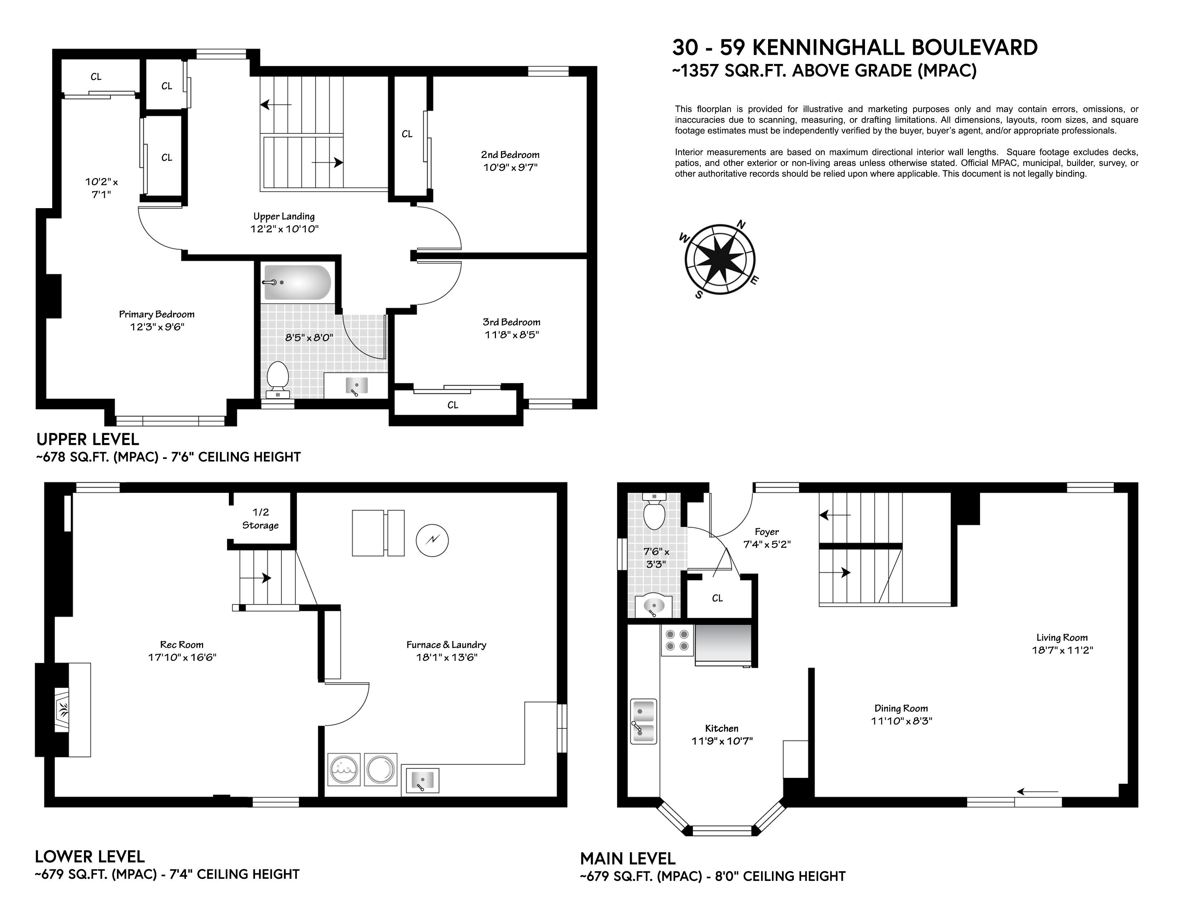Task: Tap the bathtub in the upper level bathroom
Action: pos(297,282)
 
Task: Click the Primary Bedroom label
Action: pos(157,314)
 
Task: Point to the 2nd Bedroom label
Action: pos(510,155)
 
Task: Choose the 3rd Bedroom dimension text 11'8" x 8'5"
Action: pos(512,334)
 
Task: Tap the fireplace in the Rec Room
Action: pos(63,710)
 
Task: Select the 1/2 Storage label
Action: pos(260,519)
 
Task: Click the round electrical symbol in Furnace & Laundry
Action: pos(432,540)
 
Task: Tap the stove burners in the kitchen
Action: pos(678,640)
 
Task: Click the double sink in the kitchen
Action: pos(644,721)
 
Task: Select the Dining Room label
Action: pos(901,708)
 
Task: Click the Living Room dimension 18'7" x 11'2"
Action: pos(1062,650)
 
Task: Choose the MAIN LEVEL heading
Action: pos(628,858)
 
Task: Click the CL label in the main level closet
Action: pos(718,598)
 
